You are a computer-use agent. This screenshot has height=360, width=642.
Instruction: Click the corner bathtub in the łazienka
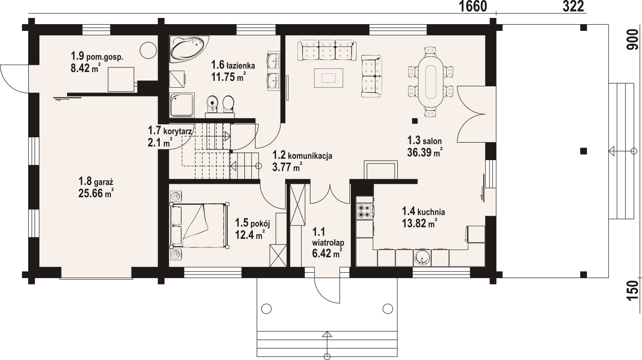pyautogui.click(x=189, y=49)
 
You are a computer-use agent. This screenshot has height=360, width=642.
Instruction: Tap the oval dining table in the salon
pyautogui.click(x=430, y=82)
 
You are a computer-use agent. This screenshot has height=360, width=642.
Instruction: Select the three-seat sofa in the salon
pyautogui.click(x=327, y=51)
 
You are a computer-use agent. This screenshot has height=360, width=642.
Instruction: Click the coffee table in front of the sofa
pyautogui.click(x=328, y=78)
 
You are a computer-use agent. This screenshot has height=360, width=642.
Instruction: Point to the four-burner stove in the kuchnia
pyautogui.click(x=365, y=212)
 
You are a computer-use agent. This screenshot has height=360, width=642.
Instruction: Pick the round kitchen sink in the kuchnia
pyautogui.click(x=422, y=258)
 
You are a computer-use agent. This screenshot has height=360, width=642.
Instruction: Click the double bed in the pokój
pyautogui.click(x=200, y=225)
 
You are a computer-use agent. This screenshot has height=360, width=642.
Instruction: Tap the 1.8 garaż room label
pyautogui.click(x=96, y=182)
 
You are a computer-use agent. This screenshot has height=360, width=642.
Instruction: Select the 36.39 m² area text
pyautogui.click(x=425, y=152)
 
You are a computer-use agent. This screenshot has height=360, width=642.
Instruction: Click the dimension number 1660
pyautogui.click(x=473, y=7)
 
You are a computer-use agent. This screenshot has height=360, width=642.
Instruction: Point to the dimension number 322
pyautogui.click(x=573, y=7)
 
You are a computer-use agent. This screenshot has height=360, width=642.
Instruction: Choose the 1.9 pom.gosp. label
pyautogui.click(x=97, y=56)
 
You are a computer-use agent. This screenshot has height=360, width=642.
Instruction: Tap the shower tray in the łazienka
pyautogui.click(x=182, y=105)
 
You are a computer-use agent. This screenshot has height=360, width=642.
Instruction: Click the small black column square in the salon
pyautogui.click(x=415, y=121)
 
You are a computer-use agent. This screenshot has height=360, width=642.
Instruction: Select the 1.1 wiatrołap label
pyautogui.click(x=328, y=237)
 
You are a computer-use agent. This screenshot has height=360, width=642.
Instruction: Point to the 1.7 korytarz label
pyautogui.click(x=170, y=131)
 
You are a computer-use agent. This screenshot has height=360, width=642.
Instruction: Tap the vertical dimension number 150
pyautogui.click(x=633, y=290)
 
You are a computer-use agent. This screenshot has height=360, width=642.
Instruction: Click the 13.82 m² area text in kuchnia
pyautogui.click(x=419, y=223)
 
